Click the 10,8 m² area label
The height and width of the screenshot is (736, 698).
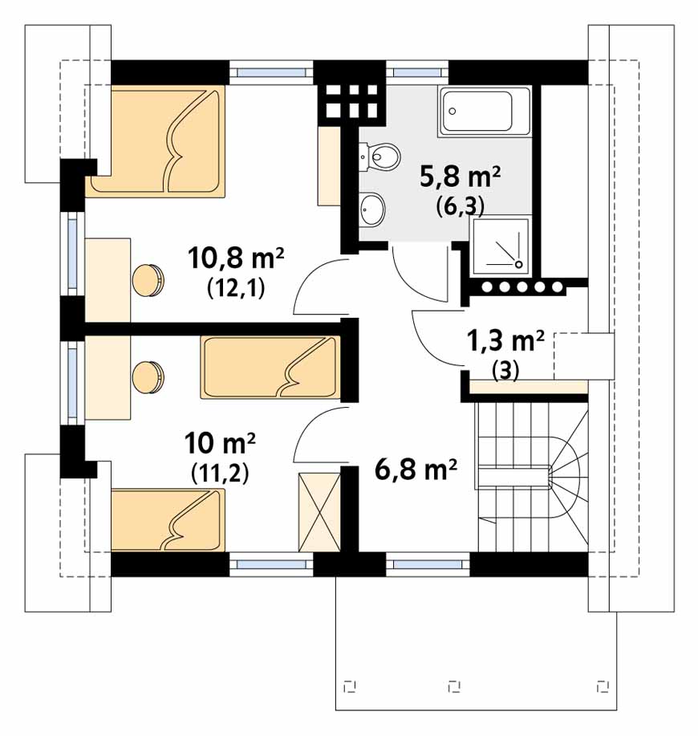coord(236,258)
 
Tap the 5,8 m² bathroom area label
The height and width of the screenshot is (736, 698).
coord(461,177)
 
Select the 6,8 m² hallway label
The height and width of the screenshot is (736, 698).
coord(416,469)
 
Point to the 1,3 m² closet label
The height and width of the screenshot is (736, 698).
coord(505,340)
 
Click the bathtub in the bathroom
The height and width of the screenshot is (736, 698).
coord(484,112)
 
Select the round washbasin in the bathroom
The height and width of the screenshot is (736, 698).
coord(372,209)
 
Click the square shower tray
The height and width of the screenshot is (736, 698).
coord(501,246)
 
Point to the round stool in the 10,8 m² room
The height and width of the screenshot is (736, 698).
coord(148,281)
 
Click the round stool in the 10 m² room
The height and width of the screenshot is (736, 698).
coord(148,377)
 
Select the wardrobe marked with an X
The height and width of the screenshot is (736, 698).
coord(320,513)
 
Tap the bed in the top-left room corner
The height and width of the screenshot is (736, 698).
coord(158,140)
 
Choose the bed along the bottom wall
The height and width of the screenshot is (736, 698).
coord(168,520)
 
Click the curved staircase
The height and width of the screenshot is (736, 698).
coord(533,477)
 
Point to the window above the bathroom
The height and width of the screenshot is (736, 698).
coord(417,72)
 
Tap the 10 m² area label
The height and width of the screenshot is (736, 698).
coord(220,444)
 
